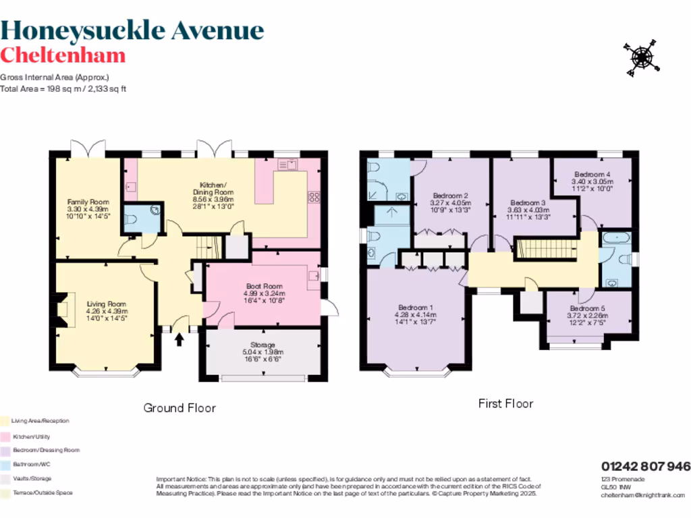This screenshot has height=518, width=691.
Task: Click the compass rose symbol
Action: coord(640,57)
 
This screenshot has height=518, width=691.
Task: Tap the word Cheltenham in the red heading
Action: coord(63,55)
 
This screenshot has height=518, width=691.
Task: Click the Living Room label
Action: coord(107,312)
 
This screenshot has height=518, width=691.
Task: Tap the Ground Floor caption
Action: coord(179,408)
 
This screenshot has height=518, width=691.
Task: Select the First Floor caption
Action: coord(505,404)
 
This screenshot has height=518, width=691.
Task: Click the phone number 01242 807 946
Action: coord(646,466)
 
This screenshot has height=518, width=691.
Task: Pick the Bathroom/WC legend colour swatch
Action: coord(5,465)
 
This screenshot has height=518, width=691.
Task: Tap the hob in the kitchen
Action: coord(314,198)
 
